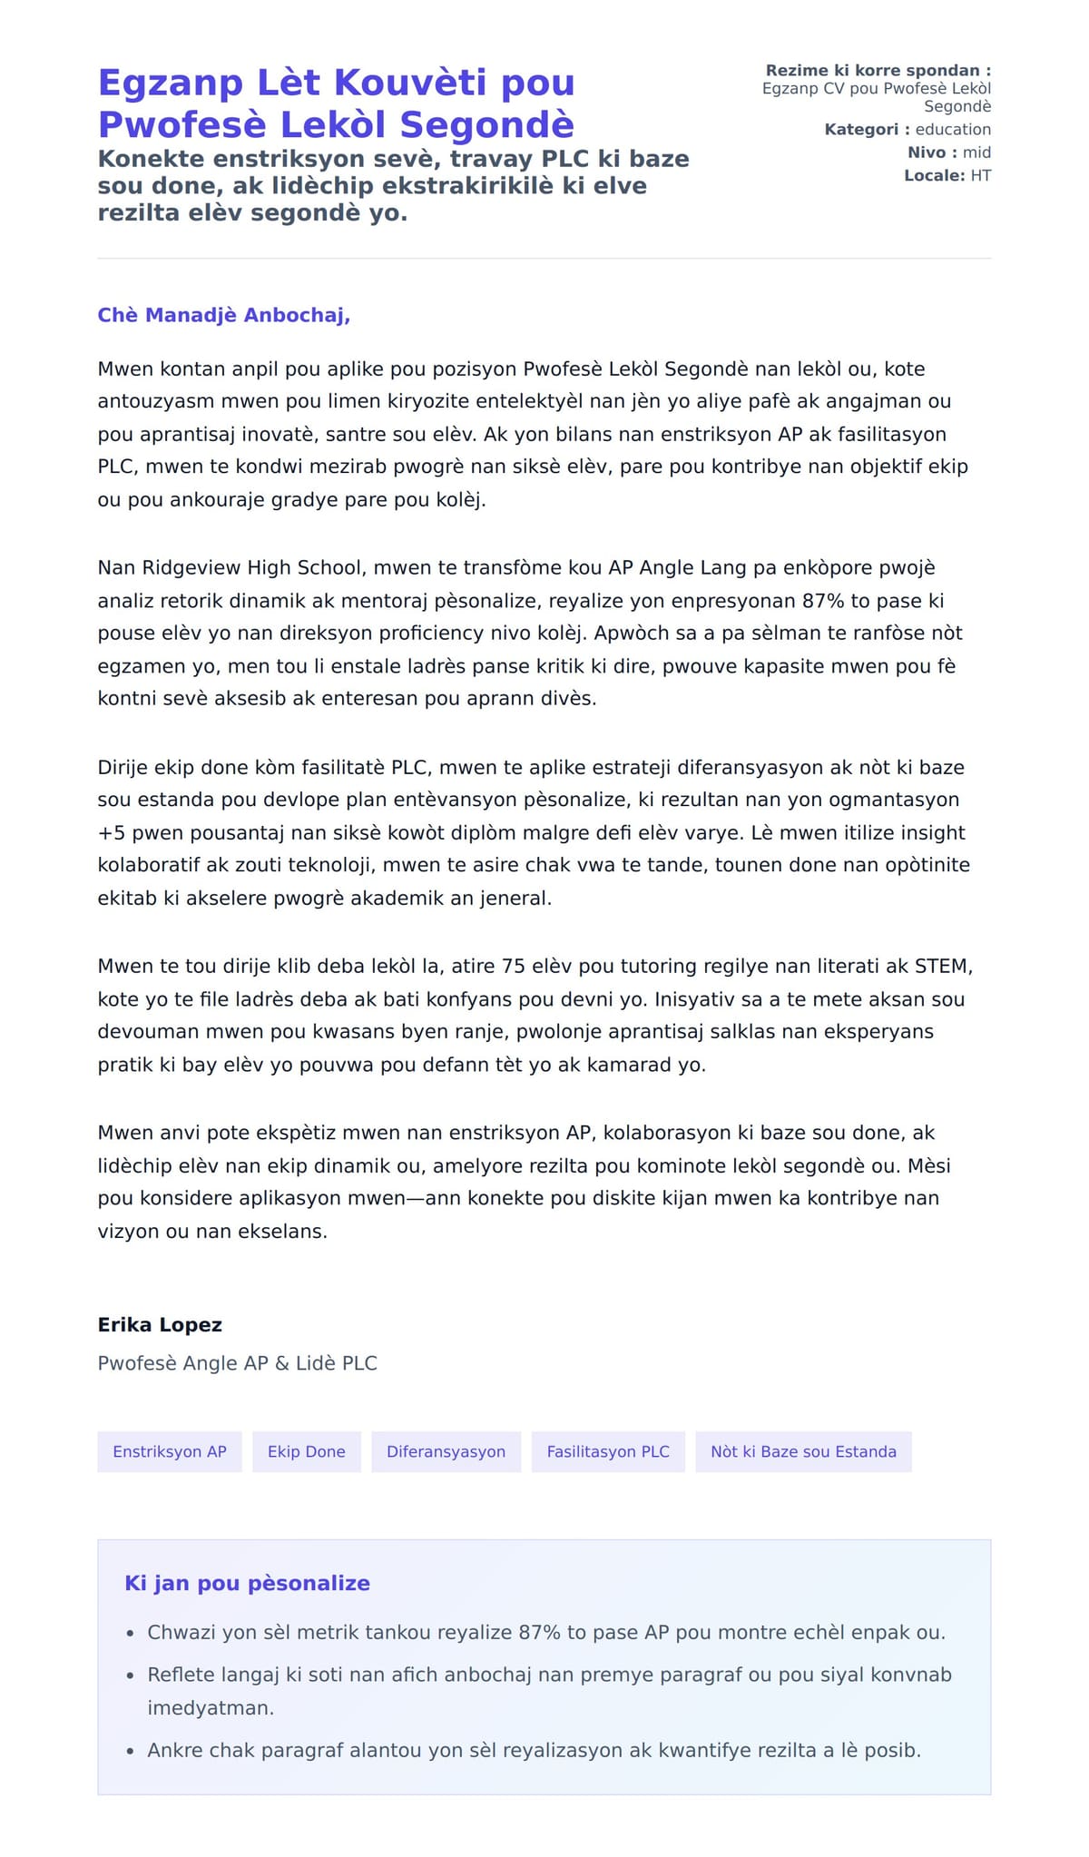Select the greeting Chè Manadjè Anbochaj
[x=223, y=315]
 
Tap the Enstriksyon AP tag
[x=170, y=1451]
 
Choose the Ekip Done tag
[x=306, y=1451]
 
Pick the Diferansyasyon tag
[x=446, y=1451]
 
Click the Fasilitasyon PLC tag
[x=608, y=1451]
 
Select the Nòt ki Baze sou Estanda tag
[x=803, y=1451]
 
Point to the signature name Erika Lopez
[x=160, y=1324]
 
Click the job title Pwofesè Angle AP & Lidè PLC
[x=237, y=1362]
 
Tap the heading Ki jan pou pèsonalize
[x=247, y=1583]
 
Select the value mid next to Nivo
[x=976, y=152]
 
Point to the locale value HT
[x=980, y=175]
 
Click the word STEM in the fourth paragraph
[x=942, y=966]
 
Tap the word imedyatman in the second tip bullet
[x=210, y=1707]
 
